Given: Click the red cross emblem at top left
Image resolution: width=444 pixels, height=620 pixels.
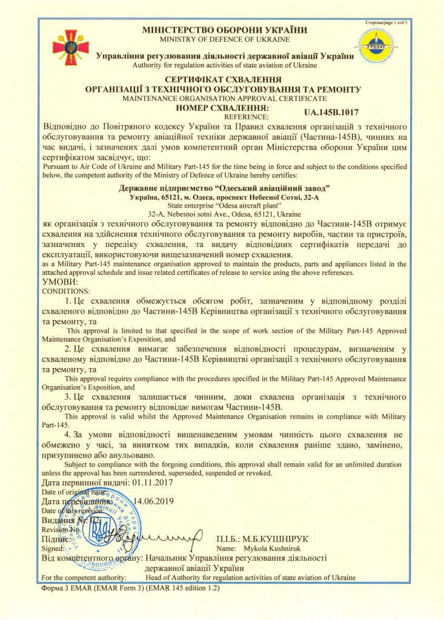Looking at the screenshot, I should tap(70, 46).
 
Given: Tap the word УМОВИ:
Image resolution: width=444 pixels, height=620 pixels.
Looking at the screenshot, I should tap(61, 282).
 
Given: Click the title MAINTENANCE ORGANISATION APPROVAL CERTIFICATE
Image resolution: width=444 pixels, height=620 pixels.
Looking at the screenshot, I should tap(224, 98).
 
